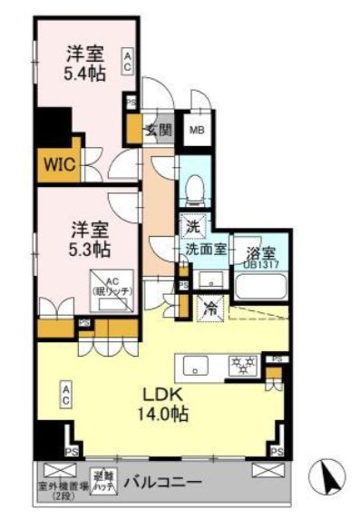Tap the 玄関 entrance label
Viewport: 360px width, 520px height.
pos(160,130)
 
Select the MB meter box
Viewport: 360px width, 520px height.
pos(197,129)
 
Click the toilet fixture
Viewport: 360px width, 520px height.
pos(193,188)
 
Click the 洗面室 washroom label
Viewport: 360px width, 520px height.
pos(205,249)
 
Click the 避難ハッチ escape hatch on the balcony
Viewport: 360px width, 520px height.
pos(101,479)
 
